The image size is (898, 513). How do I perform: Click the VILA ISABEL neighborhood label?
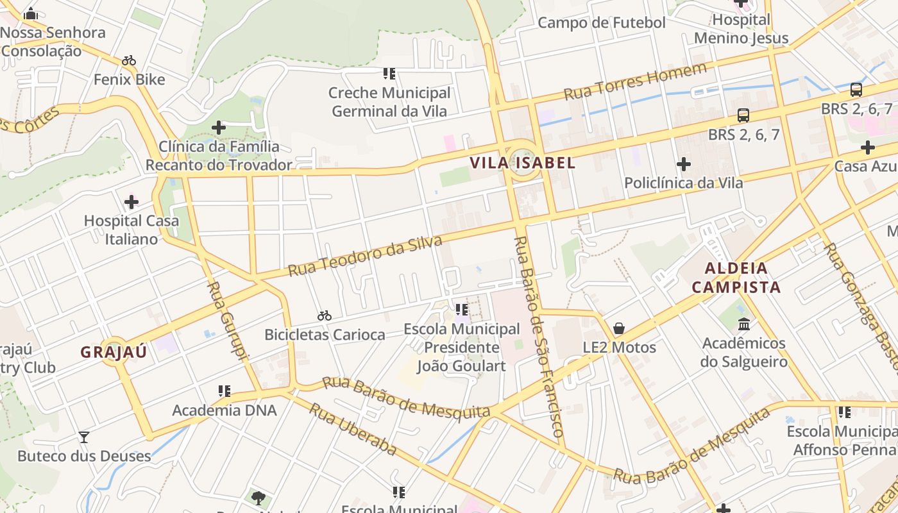click(522, 163)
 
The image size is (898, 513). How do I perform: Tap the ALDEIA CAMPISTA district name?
click(736, 277)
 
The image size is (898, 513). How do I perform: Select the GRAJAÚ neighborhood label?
click(114, 352)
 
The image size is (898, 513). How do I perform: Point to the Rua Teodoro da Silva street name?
click(365, 256)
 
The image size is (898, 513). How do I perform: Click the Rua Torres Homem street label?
click(635, 81)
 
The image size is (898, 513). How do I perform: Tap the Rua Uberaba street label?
click(353, 429)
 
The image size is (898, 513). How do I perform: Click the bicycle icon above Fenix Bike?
click(129, 61)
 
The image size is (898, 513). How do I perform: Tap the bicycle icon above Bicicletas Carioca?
click(325, 315)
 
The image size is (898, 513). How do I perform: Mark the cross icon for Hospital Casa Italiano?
click(131, 203)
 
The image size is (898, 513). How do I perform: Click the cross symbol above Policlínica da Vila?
click(684, 164)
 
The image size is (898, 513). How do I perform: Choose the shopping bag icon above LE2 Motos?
click(619, 328)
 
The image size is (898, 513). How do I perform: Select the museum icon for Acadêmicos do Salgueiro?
click(743, 324)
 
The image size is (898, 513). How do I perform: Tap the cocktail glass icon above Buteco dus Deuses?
click(84, 437)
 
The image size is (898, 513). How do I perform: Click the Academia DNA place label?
click(224, 410)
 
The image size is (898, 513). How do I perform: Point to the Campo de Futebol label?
click(602, 23)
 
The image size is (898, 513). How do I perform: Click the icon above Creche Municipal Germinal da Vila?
click(389, 74)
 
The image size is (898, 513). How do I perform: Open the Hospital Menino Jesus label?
click(741, 29)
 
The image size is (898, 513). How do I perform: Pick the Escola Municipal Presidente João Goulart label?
click(462, 348)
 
